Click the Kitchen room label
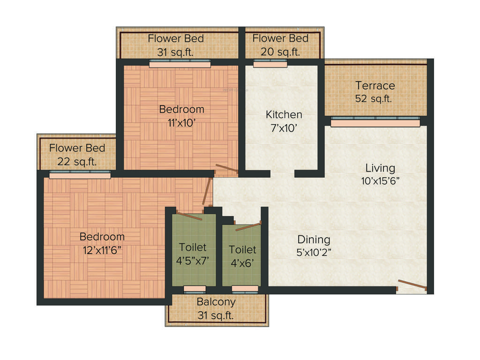point(284,114)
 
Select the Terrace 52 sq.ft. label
point(375,92)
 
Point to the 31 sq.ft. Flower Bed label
point(176,45)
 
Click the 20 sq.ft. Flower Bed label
point(280,45)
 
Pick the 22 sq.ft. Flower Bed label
point(77,155)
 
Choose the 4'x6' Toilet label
point(242,256)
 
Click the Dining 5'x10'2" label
point(314,246)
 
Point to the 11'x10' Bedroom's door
point(226,169)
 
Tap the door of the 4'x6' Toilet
point(248,227)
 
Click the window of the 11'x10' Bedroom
point(180,63)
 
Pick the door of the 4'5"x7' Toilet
point(189,216)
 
